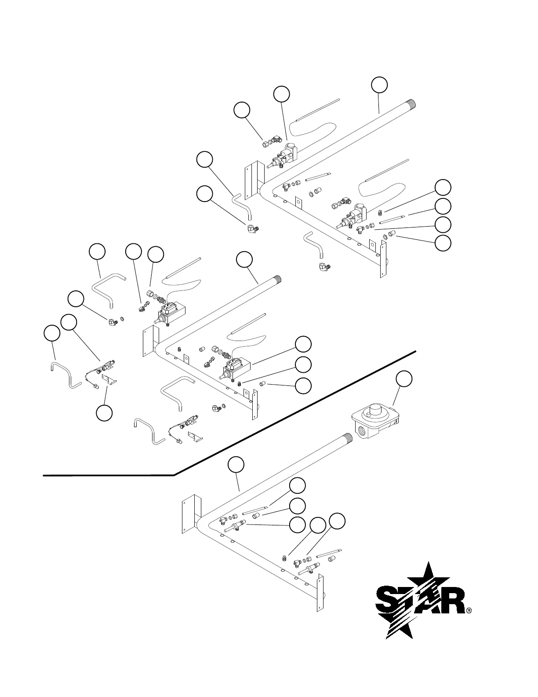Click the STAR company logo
(420, 600)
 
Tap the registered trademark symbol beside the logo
(469, 611)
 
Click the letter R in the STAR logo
(452, 601)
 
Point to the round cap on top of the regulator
(375, 411)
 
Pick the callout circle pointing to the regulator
(404, 379)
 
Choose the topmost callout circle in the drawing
(380, 85)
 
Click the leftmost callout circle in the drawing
(52, 333)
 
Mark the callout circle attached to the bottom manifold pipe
(236, 465)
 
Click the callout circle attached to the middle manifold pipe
(244, 260)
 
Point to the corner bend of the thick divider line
(174, 475)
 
